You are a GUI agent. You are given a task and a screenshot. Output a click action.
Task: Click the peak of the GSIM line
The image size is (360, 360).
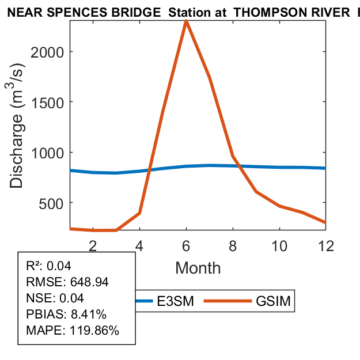(186, 21)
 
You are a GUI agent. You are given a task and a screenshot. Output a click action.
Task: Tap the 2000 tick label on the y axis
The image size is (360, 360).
(47, 52)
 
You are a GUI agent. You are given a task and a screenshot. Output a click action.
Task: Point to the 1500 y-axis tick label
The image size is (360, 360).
(47, 102)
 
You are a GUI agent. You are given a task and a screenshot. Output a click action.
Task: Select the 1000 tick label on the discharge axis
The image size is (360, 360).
(47, 153)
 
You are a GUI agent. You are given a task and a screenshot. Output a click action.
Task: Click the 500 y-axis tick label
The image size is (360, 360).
(51, 203)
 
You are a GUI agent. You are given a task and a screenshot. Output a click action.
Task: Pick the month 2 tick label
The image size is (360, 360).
(93, 245)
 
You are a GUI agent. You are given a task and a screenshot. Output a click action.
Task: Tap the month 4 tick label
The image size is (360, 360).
(139, 245)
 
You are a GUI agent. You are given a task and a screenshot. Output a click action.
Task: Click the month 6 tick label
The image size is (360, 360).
(186, 245)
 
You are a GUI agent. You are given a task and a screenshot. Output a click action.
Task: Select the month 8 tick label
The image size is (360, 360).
(233, 245)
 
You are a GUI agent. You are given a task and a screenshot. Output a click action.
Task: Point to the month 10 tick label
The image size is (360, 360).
(279, 245)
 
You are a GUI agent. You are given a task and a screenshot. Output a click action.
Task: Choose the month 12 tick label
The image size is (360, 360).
(326, 245)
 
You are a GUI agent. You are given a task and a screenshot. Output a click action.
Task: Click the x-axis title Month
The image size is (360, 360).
(198, 267)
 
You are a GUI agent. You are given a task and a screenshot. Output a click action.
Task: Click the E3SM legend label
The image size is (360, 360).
(176, 301)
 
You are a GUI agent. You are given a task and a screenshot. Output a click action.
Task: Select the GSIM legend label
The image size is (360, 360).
(275, 301)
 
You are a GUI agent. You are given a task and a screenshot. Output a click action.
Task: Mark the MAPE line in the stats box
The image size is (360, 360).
(73, 331)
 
